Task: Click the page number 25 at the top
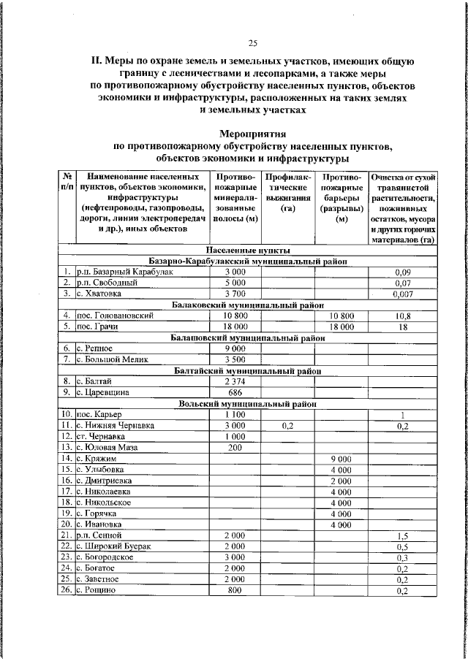click(253, 42)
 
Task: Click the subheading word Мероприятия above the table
click(253, 133)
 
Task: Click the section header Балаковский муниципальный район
click(248, 305)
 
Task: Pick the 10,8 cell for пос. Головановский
click(402, 316)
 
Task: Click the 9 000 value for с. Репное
click(233, 348)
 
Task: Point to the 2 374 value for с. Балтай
click(233, 381)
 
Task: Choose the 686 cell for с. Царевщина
click(233, 392)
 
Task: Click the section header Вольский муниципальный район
click(248, 403)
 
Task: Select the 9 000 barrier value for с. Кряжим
click(341, 458)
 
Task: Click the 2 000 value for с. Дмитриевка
click(341, 480)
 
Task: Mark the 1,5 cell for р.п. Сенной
click(402, 536)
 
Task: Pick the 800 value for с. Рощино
click(233, 590)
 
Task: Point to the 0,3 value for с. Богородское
click(402, 557)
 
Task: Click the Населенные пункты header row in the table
click(248, 250)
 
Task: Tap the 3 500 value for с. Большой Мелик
click(233, 359)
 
